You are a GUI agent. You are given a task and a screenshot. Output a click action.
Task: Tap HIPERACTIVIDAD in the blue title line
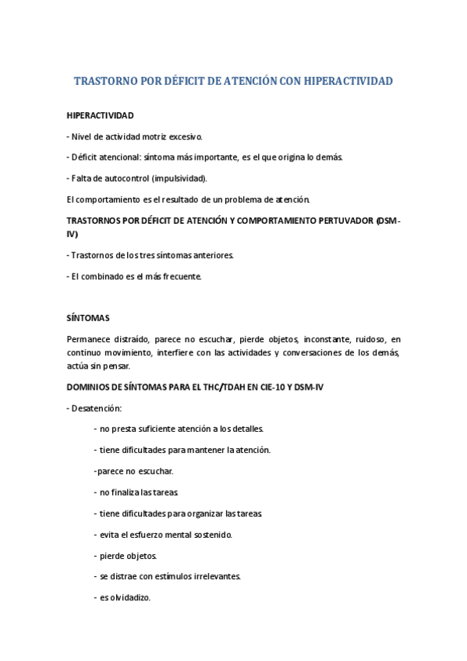tap(348, 81)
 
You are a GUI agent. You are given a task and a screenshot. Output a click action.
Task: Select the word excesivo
tap(185, 136)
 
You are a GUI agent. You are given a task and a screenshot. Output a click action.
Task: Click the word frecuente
tap(181, 276)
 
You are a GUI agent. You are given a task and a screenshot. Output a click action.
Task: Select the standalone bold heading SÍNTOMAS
tap(88, 318)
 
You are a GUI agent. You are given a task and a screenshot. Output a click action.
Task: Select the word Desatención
tap(97, 408)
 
